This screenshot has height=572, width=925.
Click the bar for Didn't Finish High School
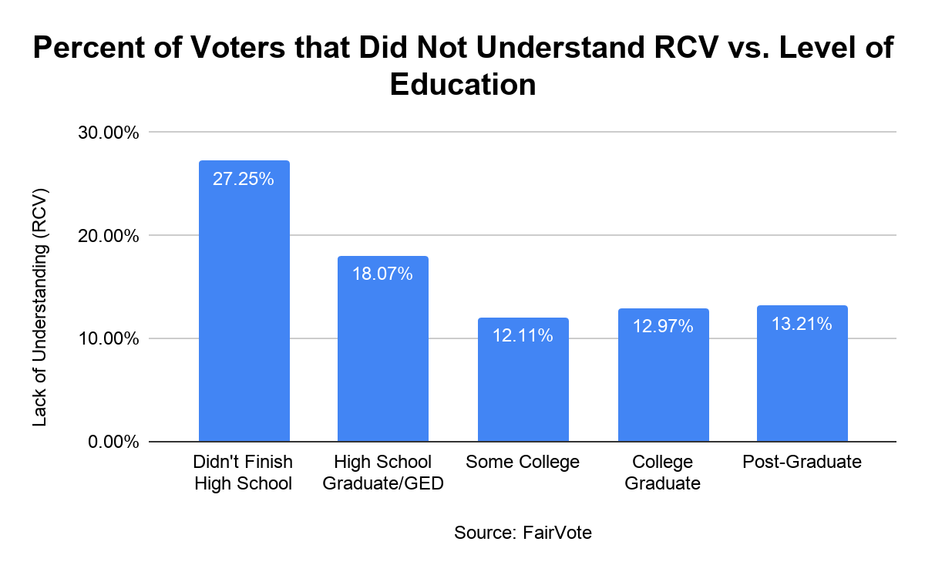point(244,308)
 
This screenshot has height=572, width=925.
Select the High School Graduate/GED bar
point(383,355)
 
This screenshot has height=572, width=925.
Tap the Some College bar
point(523,385)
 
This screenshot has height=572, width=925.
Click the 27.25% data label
point(244,180)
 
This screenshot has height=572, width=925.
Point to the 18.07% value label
point(383,274)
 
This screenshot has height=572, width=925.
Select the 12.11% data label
point(523,335)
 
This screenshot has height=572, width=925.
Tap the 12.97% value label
point(663,327)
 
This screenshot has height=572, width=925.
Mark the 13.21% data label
point(802,324)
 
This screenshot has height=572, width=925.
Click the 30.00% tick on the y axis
point(111,133)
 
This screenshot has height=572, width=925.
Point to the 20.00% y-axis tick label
point(111,235)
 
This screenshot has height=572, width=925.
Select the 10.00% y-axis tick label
point(111,338)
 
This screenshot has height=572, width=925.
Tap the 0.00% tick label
point(115,442)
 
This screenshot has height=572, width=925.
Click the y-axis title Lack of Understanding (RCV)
point(41,306)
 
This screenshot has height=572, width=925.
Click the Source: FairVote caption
point(523,533)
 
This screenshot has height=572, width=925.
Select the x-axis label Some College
point(523,463)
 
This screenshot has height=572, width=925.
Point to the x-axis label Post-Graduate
point(802,463)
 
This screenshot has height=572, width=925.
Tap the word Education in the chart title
point(462,83)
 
